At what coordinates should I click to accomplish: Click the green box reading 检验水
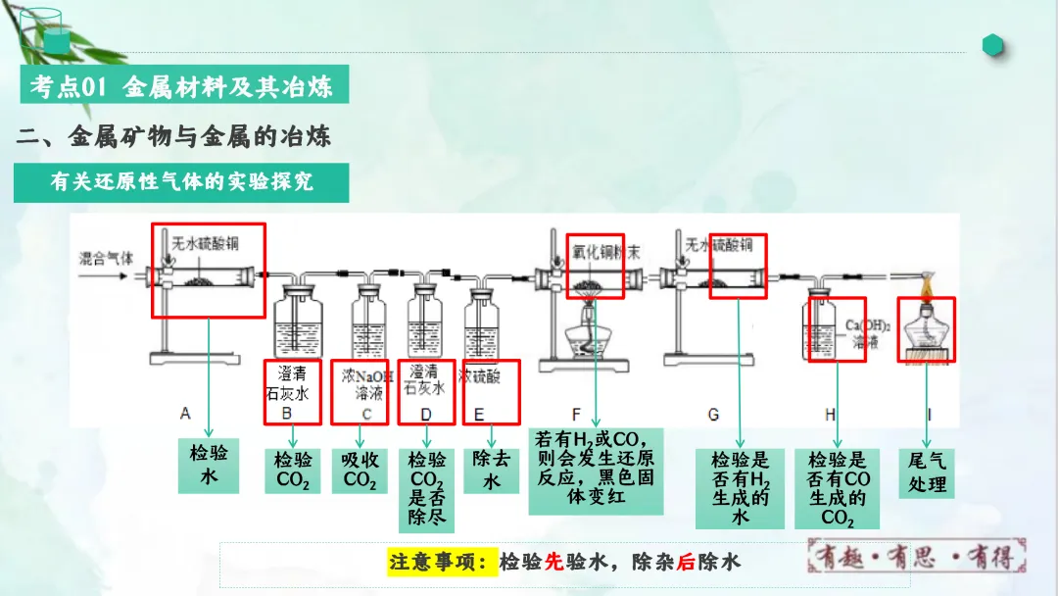[208, 465]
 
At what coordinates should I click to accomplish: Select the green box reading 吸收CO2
[360, 471]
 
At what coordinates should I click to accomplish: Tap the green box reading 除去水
[491, 471]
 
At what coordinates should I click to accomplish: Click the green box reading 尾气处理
[926, 472]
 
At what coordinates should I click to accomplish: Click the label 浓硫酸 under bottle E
[480, 377]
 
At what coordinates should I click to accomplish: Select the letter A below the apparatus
[185, 415]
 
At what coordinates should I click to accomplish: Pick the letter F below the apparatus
[576, 415]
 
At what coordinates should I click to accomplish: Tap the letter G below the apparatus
[713, 415]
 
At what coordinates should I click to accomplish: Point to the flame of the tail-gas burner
[926, 285]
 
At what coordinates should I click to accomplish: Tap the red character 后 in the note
[684, 563]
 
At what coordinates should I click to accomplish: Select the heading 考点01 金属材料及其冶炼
[182, 86]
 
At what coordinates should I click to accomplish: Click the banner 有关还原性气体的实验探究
[168, 182]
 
